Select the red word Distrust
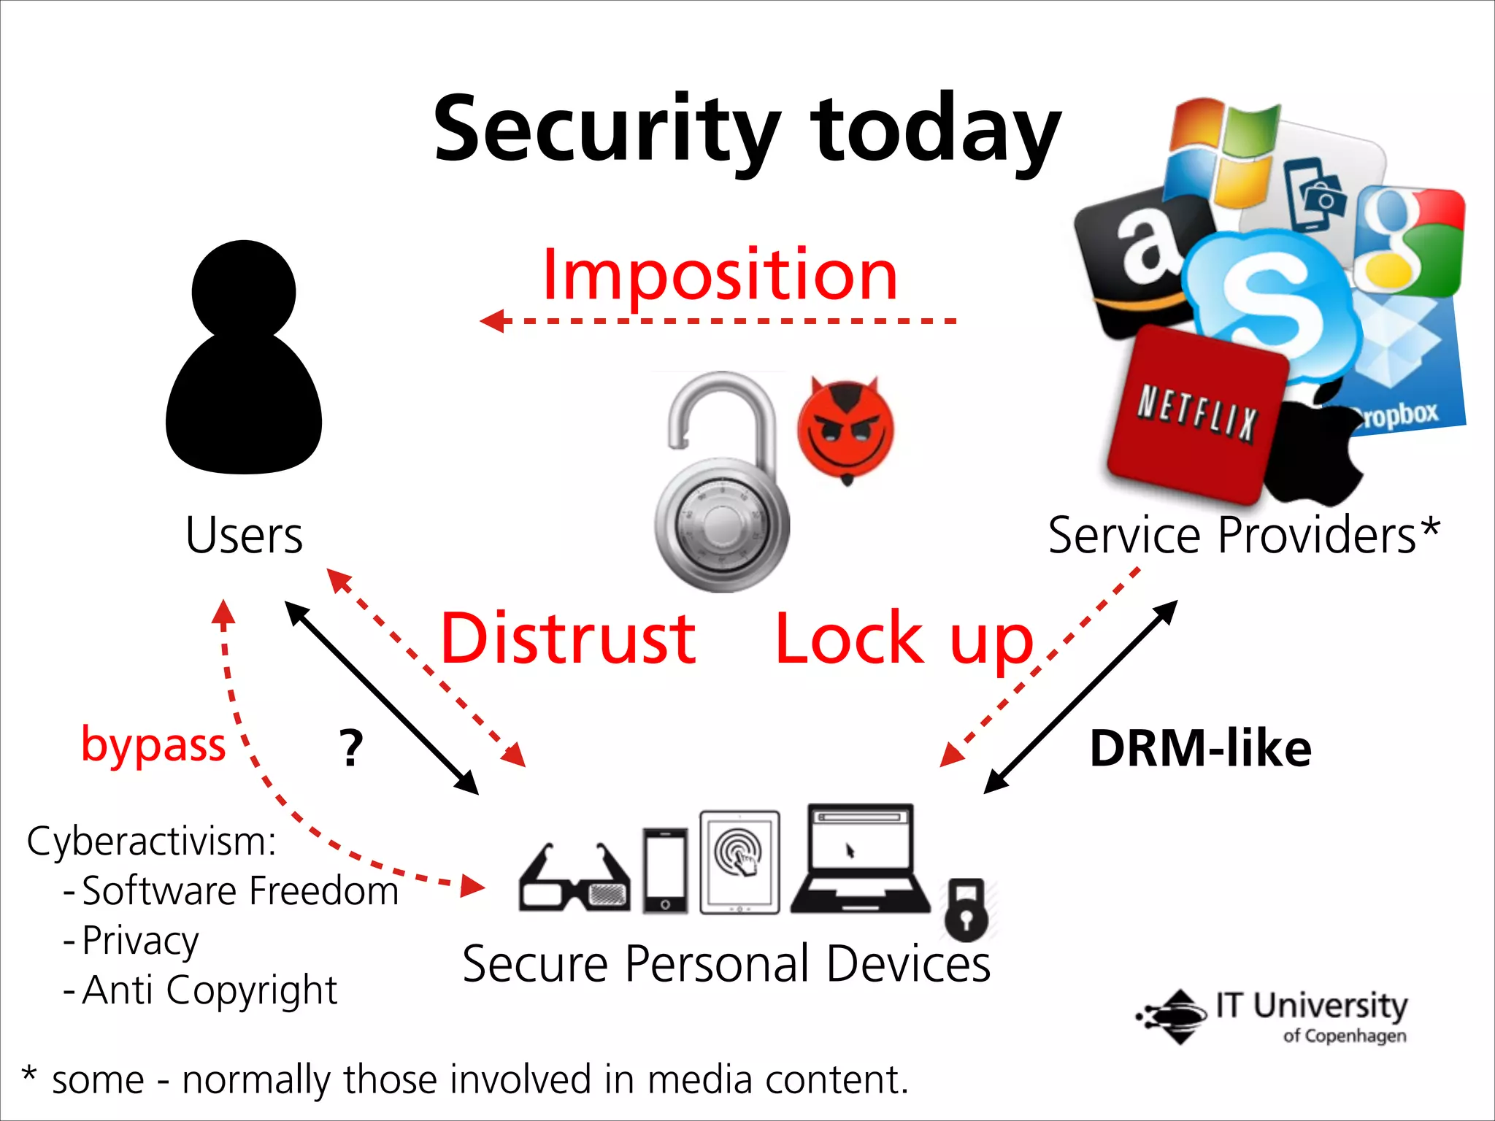coord(568,639)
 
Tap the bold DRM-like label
coord(1200,749)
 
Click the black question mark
coord(351,749)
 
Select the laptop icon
coord(861,861)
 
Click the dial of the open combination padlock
coord(722,526)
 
